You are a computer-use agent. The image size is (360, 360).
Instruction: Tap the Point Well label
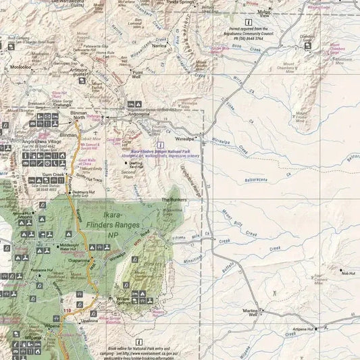coord(137,75)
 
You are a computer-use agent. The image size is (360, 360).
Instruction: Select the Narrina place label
coord(159,45)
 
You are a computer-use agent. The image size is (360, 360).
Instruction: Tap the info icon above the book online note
coord(138,342)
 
